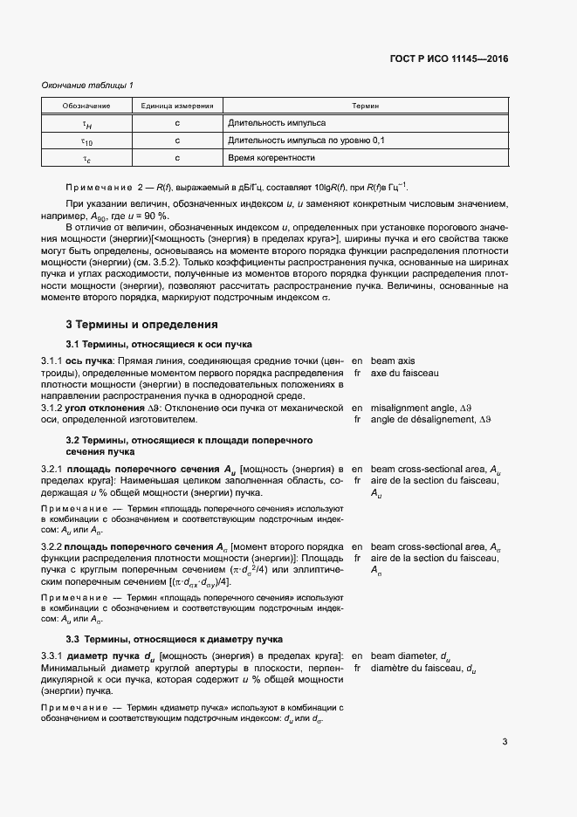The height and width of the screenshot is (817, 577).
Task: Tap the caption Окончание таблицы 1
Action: pyautogui.click(x=87, y=85)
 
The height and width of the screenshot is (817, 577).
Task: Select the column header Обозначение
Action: pyautogui.click(x=86, y=106)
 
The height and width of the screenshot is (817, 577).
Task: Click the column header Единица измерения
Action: pyautogui.click(x=177, y=106)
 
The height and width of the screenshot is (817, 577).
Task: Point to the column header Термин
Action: pyautogui.click(x=365, y=106)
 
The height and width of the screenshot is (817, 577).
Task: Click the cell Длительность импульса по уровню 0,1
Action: pyautogui.click(x=306, y=140)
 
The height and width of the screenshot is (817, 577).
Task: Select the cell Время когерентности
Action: pyautogui.click(x=271, y=158)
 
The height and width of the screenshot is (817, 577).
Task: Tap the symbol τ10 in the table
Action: pyautogui.click(x=86, y=141)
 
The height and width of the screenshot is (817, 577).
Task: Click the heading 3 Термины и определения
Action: pyautogui.click(x=129, y=326)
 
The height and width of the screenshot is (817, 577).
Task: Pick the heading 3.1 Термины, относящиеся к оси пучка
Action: pyautogui.click(x=159, y=345)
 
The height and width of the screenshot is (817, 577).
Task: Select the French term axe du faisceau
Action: pyautogui.click(x=404, y=374)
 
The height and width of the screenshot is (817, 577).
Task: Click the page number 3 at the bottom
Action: pyautogui.click(x=505, y=743)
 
